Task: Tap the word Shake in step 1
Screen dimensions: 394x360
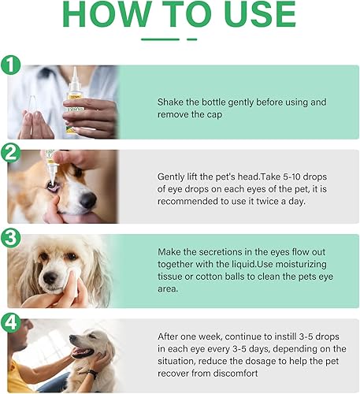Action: (x=171, y=102)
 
